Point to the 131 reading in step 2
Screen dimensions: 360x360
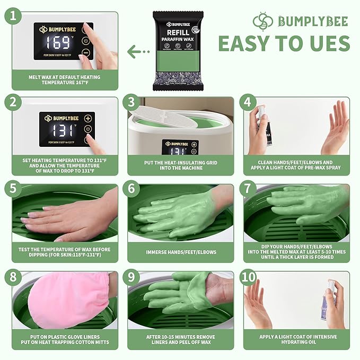click(60, 130)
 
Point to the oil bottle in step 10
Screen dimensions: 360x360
click(331, 300)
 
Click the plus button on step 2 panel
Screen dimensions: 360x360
click(87, 118)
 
